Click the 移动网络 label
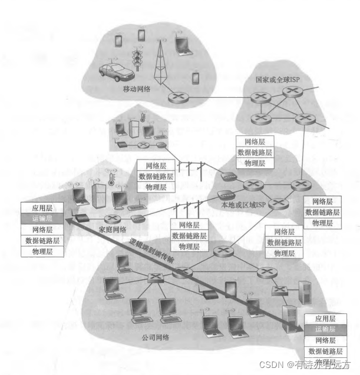[136, 89]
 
